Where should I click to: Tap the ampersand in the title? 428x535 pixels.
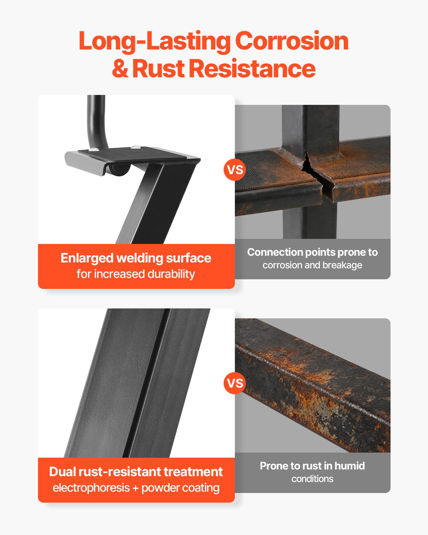120,69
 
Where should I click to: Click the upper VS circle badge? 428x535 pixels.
235,170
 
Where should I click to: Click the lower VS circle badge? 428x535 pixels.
235,383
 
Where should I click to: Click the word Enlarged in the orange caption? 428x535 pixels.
87,258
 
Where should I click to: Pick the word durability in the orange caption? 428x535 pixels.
171,274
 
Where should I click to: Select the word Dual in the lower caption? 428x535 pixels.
62,472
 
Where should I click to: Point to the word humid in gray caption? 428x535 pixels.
350,466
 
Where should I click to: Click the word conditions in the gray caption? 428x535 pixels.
312,479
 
